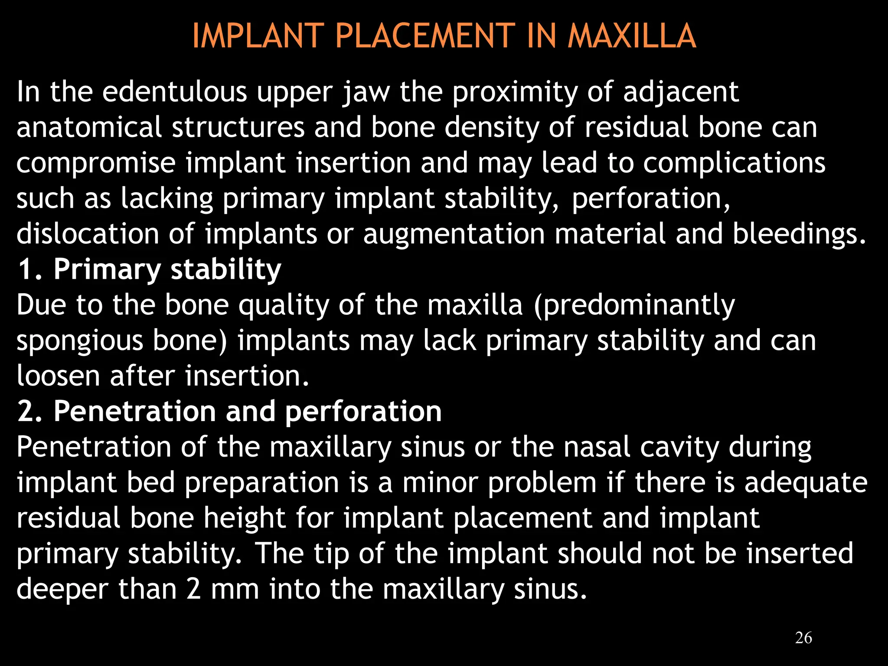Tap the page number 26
[x=803, y=638]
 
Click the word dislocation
[x=88, y=234]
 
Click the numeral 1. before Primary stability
[x=29, y=269]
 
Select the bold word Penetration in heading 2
[x=134, y=411]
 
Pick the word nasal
[x=596, y=447]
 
